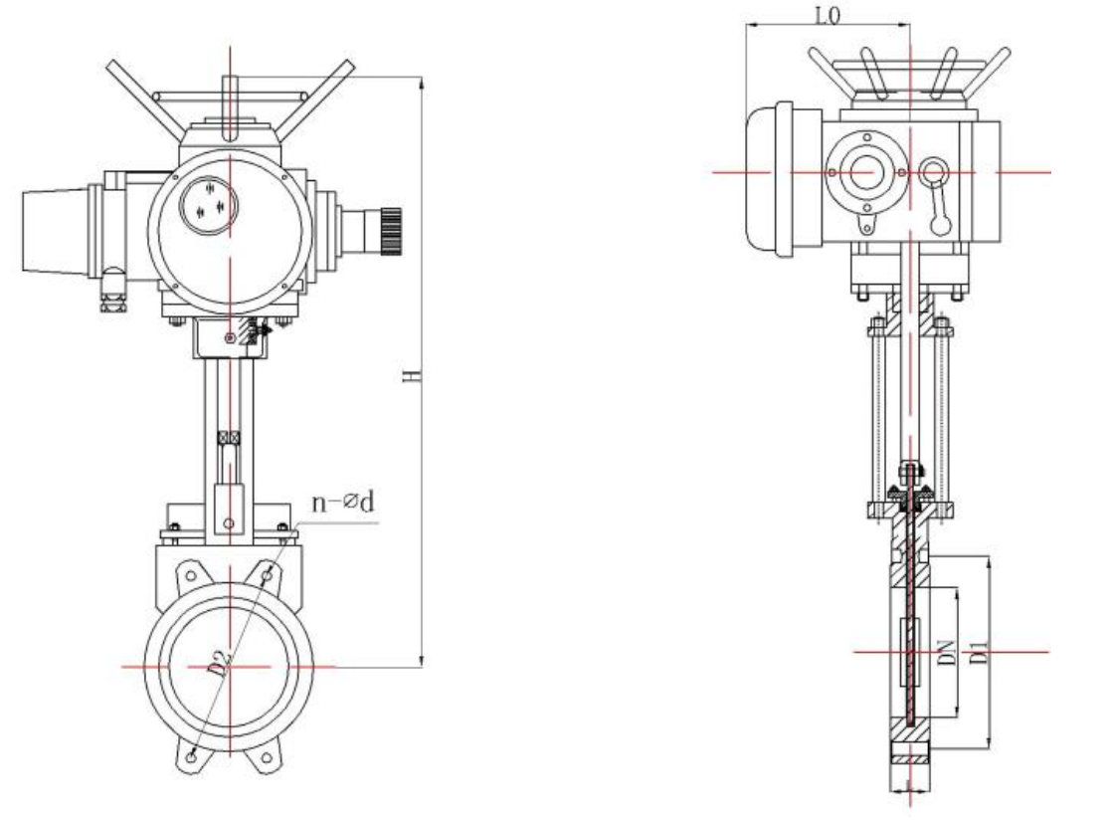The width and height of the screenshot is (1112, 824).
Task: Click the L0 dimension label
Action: point(827,15)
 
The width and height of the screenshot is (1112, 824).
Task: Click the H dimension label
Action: point(412,374)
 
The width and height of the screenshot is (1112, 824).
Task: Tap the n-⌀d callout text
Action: point(343,502)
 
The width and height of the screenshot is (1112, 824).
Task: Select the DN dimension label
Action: point(947,652)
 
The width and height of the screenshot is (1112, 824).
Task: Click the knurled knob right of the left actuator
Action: point(391,229)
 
